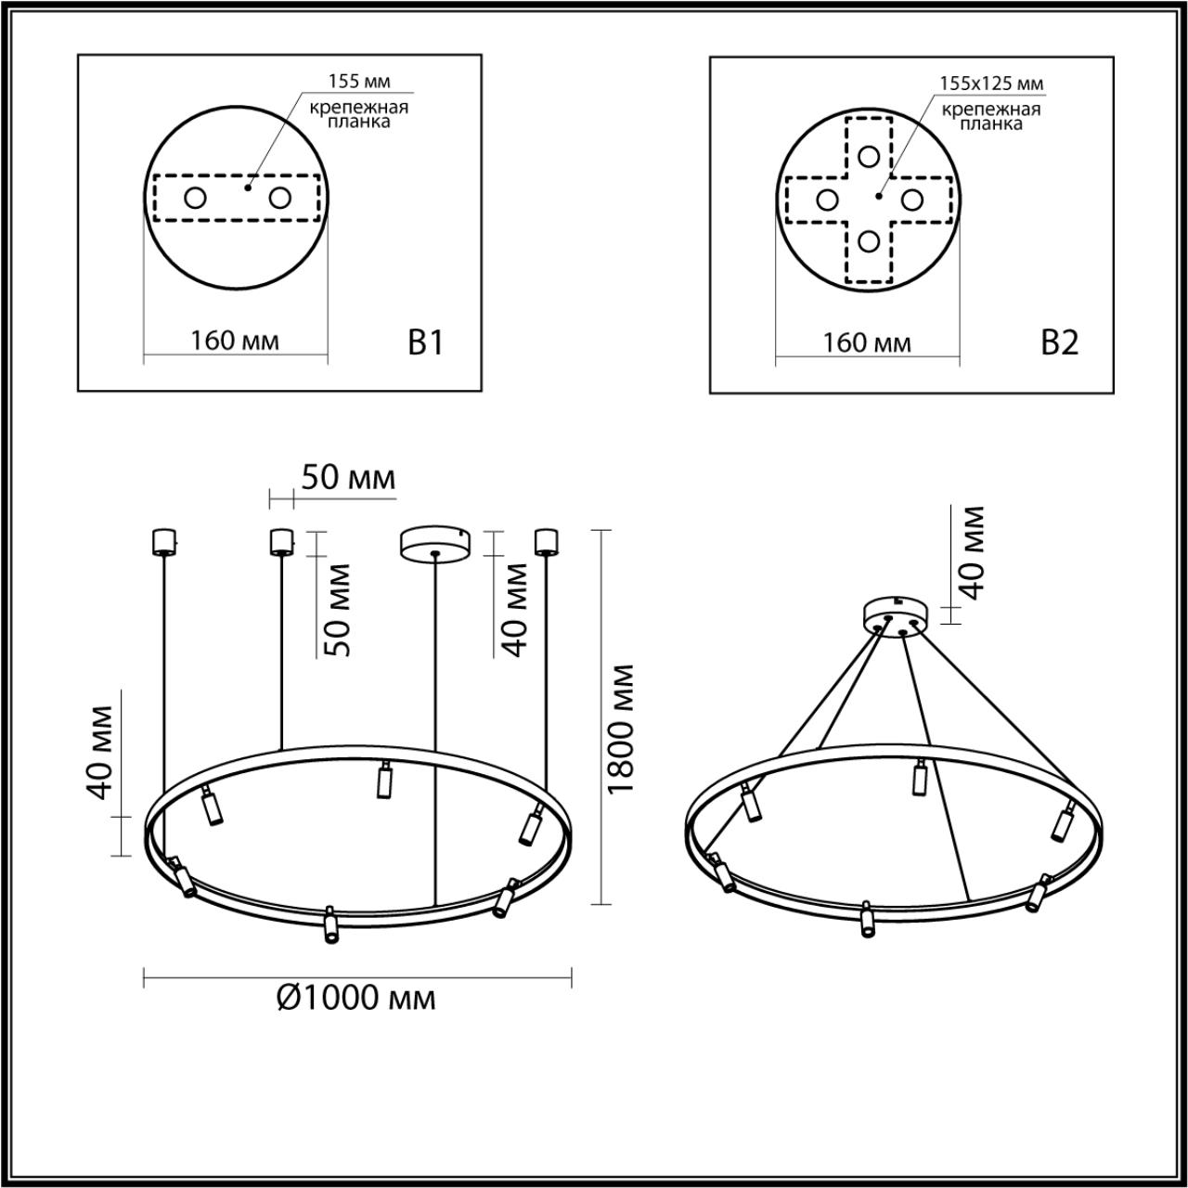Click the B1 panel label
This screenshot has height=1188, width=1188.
point(426,343)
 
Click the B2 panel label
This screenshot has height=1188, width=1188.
point(1059,343)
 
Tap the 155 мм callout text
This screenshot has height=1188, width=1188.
point(359,82)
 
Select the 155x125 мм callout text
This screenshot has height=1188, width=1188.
point(991,84)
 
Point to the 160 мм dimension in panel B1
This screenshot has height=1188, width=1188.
point(235,342)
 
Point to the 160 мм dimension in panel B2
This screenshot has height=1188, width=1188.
point(868,343)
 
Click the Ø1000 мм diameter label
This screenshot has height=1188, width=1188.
point(356,998)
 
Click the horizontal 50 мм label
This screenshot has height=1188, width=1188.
point(348,478)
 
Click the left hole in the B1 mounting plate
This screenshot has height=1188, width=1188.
point(195,198)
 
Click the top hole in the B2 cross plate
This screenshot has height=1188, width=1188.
point(869,156)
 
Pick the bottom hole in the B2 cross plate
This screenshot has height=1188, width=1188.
point(869,241)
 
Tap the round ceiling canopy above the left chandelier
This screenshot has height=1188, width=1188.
point(434,543)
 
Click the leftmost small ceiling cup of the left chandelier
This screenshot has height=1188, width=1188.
point(163,541)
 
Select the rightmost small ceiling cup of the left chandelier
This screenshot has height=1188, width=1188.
point(545,541)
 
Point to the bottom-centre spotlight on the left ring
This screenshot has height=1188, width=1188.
point(328,925)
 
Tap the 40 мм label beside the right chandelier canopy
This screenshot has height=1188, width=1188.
point(971,553)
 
